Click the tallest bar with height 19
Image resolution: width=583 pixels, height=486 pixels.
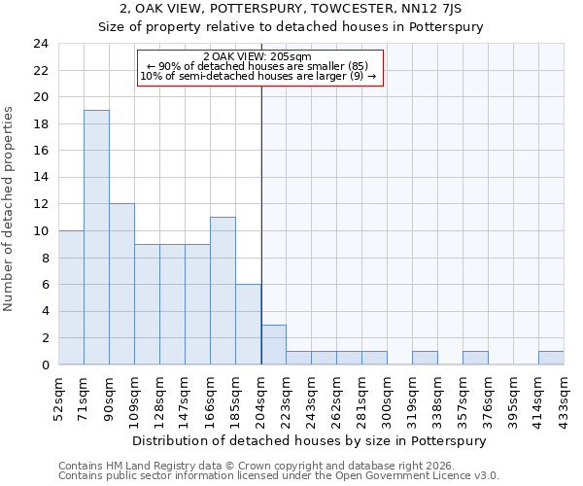[96, 237]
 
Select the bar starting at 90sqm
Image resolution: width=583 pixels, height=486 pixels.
[121, 284]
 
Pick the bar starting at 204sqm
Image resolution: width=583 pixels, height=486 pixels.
[273, 345]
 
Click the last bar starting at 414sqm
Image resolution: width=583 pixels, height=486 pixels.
[551, 358]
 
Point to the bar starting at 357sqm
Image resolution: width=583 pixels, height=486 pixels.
[475, 358]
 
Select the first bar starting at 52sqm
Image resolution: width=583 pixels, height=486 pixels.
[71, 297]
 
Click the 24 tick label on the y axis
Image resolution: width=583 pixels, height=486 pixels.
[40, 44]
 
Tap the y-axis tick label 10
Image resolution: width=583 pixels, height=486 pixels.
[40, 231]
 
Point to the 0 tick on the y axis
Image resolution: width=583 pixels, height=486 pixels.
[44, 365]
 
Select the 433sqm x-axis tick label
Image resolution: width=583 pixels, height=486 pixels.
[566, 396]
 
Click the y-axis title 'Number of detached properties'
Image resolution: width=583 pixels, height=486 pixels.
[10, 209]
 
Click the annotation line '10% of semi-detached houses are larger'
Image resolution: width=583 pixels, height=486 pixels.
[257, 76]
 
